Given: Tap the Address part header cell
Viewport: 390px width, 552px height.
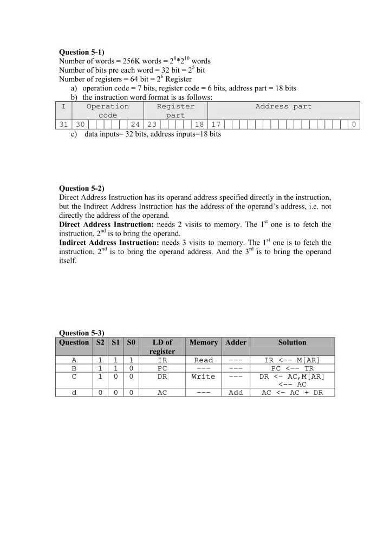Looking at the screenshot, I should (283, 107).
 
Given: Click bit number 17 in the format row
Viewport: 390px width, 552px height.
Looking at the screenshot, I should (216, 125).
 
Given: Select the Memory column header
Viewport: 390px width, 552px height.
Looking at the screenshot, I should (203, 342).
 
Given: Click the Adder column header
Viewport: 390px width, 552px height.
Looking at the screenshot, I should (236, 342).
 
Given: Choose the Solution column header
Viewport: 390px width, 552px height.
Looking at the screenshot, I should (292, 342).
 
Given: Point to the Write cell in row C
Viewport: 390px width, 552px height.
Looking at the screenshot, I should (203, 376).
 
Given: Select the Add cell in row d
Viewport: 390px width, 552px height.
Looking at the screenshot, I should (236, 393).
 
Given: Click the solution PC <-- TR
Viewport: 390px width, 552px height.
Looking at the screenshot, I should (292, 368).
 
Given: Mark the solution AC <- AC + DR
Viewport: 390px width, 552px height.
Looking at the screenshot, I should (292, 393).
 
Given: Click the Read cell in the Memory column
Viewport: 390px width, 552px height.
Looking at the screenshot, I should (203, 360).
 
